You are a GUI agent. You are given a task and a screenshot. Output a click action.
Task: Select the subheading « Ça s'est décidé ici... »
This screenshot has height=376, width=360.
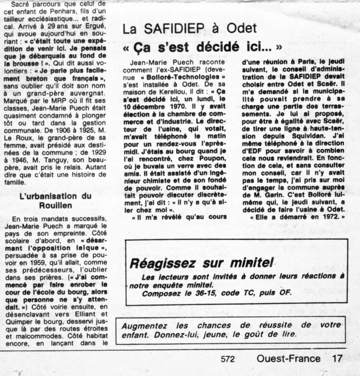click(202, 48)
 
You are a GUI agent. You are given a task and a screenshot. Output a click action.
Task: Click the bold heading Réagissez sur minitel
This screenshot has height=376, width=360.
click(202, 263)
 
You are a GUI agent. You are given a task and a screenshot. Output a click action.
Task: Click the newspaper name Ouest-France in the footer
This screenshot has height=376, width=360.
click(288, 358)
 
